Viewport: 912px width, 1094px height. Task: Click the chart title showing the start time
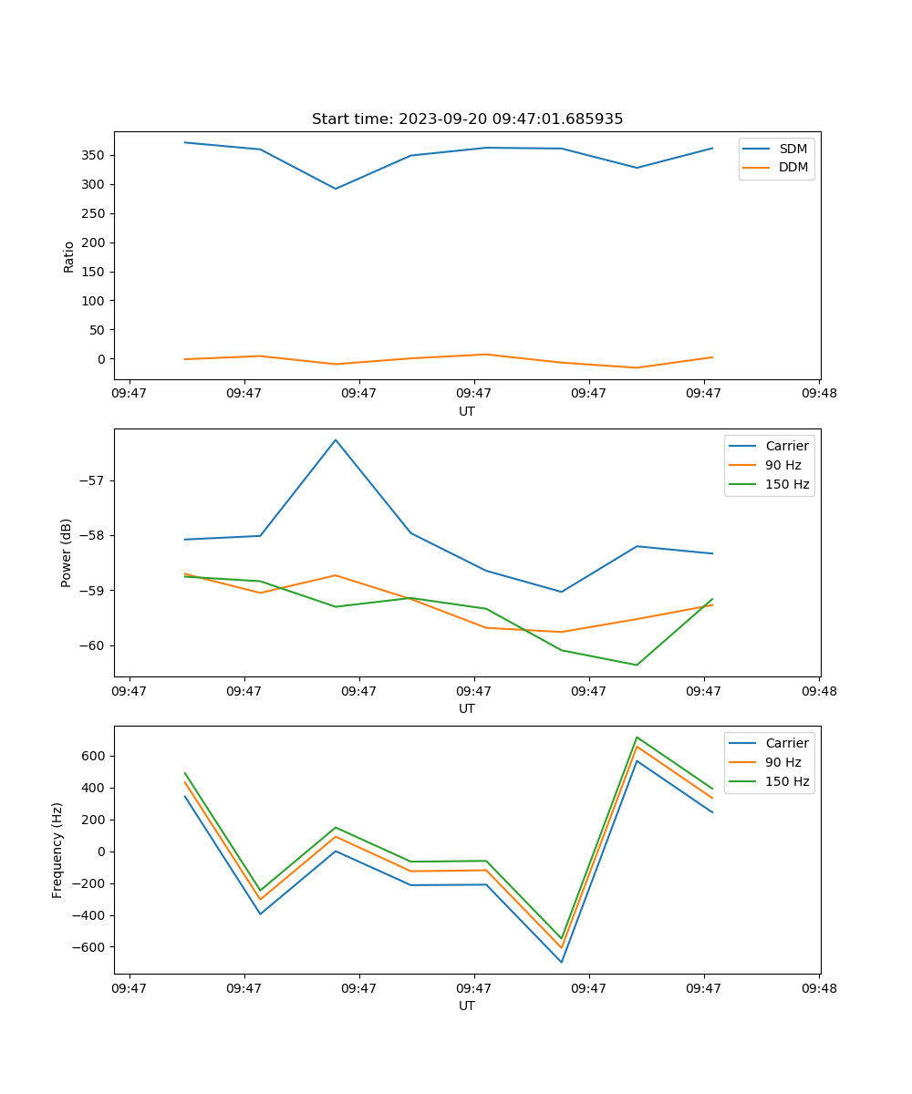[467, 119]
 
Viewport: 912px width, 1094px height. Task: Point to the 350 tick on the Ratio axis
[95, 155]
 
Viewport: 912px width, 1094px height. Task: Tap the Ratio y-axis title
[69, 256]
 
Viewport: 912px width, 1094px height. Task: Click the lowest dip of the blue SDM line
[336, 189]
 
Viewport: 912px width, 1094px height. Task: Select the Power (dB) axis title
[67, 553]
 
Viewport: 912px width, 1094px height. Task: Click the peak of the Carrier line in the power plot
[336, 439]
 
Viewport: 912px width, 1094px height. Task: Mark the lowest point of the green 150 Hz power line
[637, 665]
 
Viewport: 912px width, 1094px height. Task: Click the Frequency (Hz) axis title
[57, 850]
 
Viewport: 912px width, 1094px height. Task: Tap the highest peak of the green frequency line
[637, 737]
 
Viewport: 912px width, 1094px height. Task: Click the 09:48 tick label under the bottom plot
[819, 987]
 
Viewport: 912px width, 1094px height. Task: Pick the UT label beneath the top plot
[467, 411]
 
